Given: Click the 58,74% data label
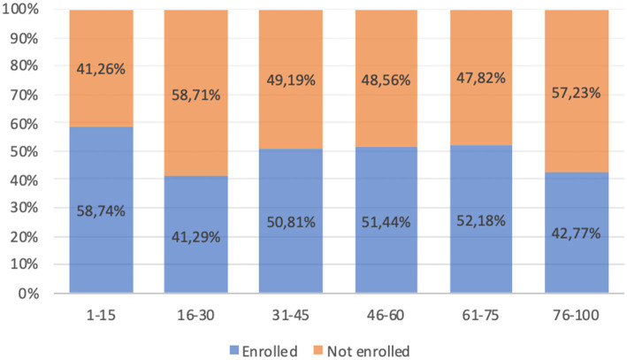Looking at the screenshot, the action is tap(101, 211).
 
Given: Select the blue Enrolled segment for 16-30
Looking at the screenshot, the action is tap(196, 234).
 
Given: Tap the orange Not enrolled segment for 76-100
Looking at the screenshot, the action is tap(577, 91).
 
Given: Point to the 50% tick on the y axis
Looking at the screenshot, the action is tap(25, 151).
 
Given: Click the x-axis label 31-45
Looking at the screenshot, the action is tap(291, 315).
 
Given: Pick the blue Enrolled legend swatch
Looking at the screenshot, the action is tap(234, 350).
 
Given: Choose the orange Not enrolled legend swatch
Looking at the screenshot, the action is tap(317, 350).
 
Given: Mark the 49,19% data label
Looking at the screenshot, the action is tap(291, 80).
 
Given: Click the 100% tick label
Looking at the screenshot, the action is tap(20, 9).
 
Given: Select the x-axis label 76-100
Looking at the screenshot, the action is tap(577, 315).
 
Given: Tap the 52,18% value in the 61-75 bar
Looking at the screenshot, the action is tap(481, 221).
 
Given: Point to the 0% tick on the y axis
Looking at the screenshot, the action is tap(28, 294).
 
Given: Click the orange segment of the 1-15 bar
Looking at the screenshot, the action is tap(101, 68).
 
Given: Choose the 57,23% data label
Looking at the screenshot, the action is tap(577, 93).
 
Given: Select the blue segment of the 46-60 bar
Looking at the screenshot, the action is tap(386, 220).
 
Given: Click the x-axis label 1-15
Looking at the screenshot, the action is tap(101, 315).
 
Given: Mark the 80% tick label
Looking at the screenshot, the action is tap(25, 65).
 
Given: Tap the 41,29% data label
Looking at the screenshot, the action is tap(196, 237).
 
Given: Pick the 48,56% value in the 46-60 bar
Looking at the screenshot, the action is tap(386, 80).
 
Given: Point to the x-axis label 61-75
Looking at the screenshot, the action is tap(481, 315).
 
